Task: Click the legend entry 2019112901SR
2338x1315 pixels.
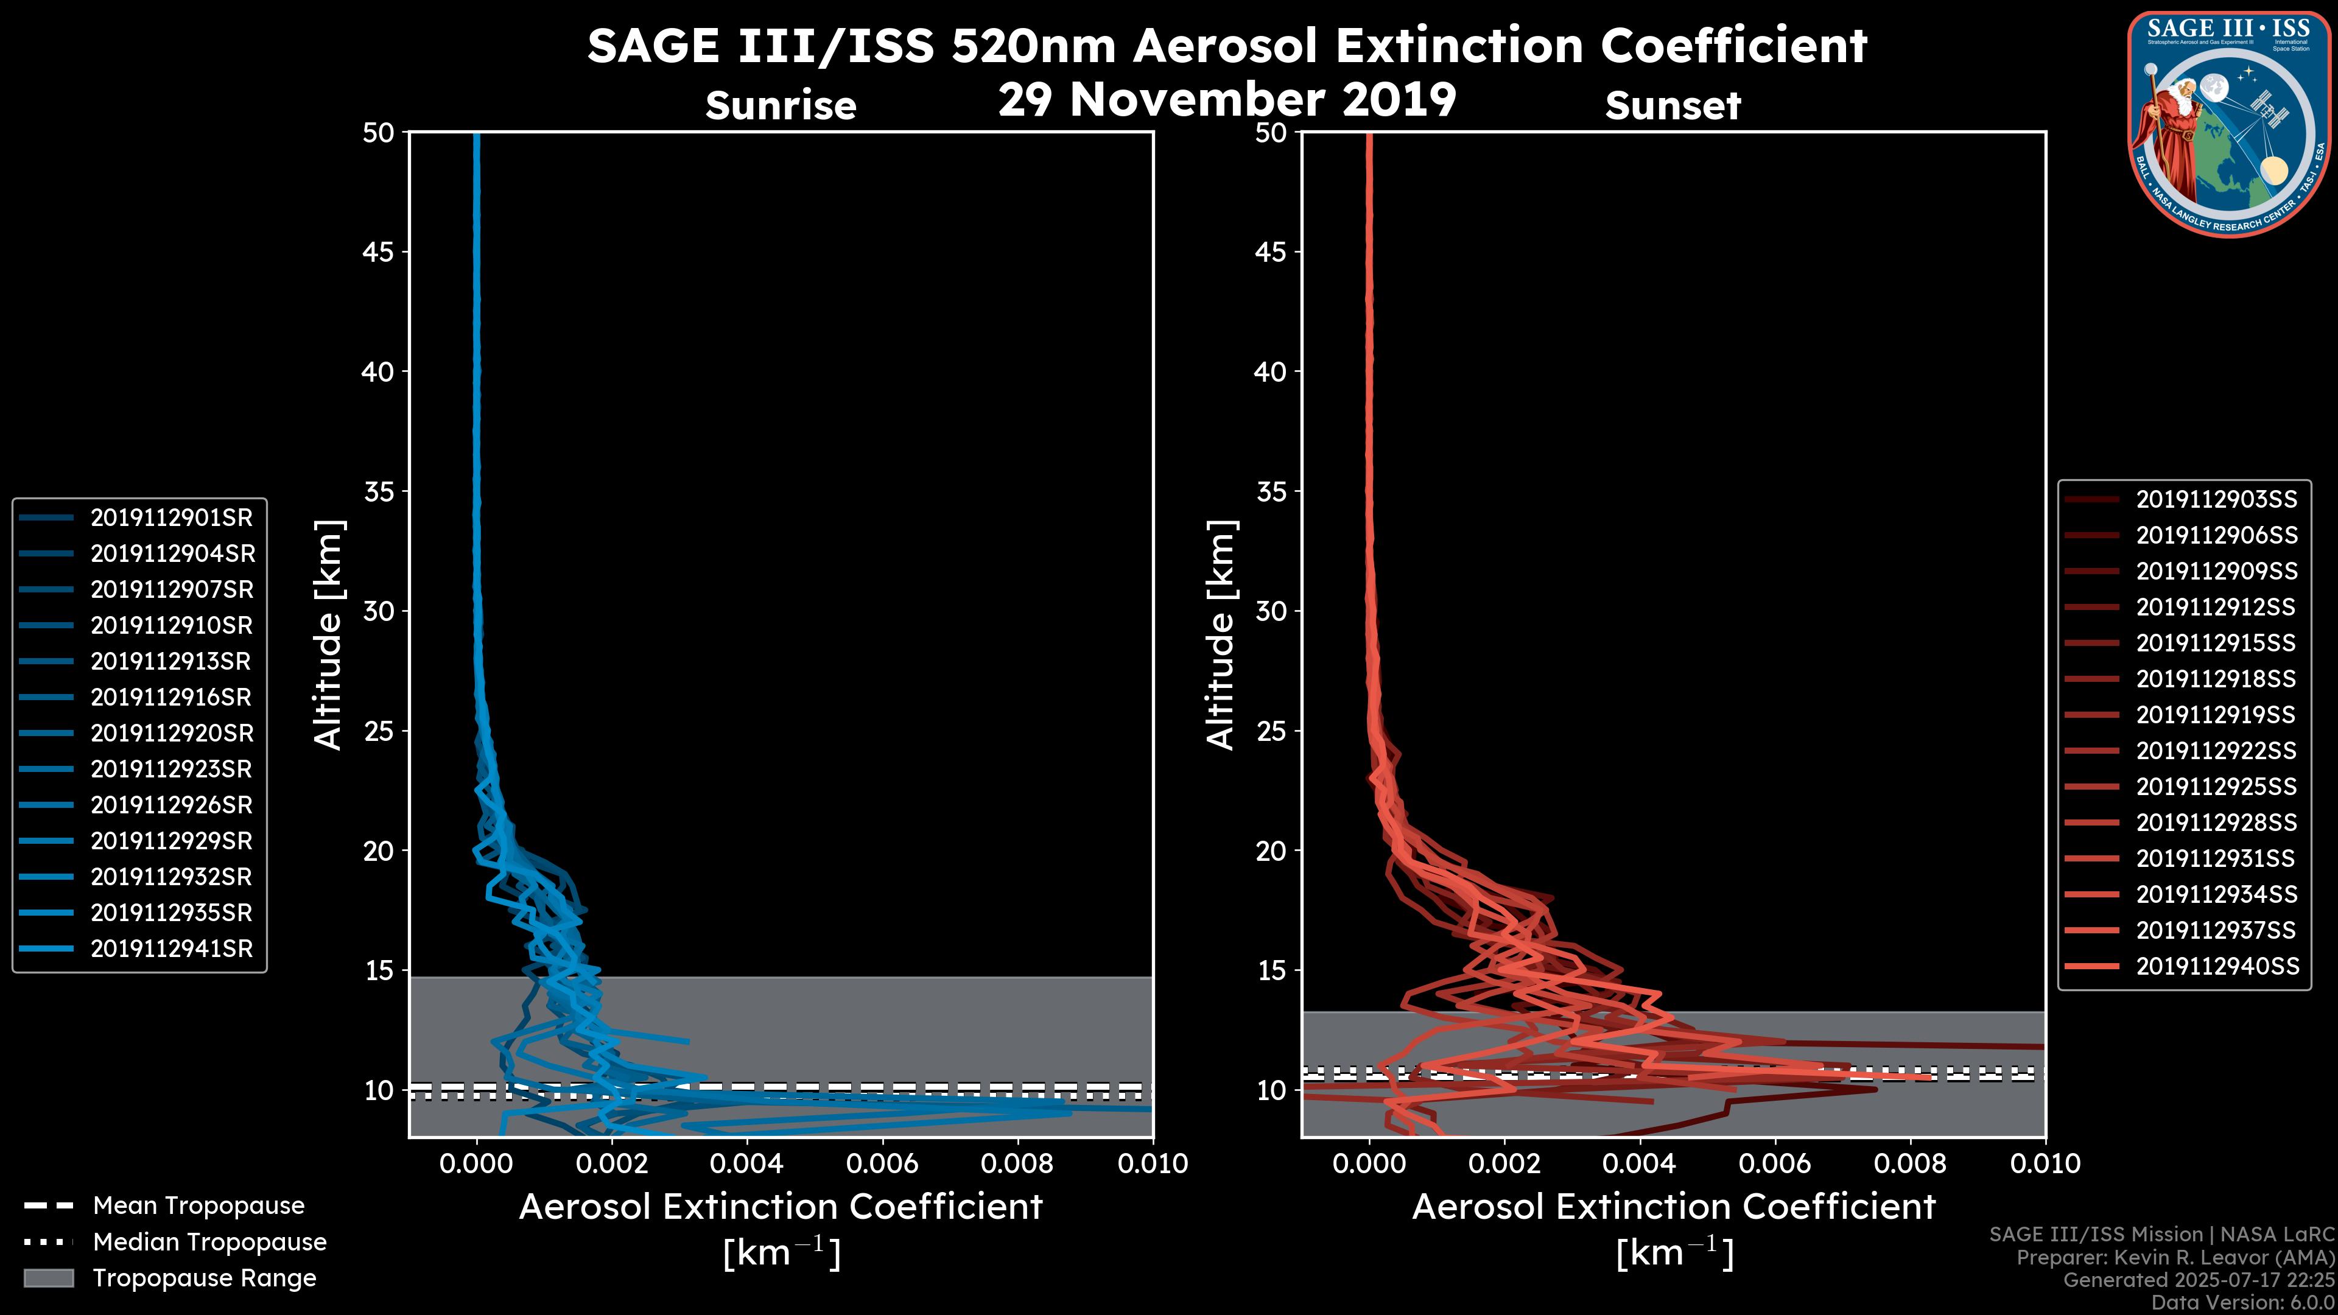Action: tap(172, 518)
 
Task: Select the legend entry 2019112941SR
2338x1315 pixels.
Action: tap(172, 949)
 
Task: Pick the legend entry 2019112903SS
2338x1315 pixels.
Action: tap(2216, 499)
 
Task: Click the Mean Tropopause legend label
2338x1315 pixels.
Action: tap(198, 1206)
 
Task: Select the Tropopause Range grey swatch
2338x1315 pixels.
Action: tap(49, 1278)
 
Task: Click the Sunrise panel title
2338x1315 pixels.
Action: tap(781, 105)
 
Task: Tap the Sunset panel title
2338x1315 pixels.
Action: tap(1673, 105)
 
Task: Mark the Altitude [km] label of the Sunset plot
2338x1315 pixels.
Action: tap(1221, 635)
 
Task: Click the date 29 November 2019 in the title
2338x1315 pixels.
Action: tap(1227, 100)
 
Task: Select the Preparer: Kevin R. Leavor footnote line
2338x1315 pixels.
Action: tap(2175, 1258)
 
